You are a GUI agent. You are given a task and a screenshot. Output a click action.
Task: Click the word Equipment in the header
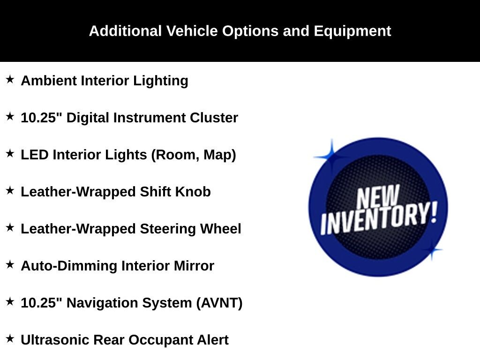(352, 31)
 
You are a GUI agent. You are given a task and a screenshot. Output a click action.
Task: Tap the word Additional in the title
(125, 31)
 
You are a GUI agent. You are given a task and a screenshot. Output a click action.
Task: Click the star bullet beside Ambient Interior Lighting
(10, 79)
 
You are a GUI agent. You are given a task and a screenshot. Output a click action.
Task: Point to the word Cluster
(214, 118)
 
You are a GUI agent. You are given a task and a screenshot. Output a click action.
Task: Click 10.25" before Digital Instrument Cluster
(41, 117)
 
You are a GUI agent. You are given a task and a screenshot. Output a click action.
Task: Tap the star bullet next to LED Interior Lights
(10, 153)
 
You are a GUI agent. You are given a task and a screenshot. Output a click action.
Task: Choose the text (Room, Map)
(194, 155)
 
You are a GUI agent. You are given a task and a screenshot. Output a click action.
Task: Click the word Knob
(193, 192)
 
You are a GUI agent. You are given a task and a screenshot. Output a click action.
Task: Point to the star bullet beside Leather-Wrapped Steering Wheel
(10, 227)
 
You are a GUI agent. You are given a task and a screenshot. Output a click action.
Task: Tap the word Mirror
(194, 266)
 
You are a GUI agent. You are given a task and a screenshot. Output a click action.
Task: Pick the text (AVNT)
(219, 303)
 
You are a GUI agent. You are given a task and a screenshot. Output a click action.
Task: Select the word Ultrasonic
(55, 340)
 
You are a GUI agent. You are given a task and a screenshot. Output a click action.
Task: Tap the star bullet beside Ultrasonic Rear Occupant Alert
(10, 338)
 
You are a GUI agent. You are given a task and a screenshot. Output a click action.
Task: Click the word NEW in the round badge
(378, 196)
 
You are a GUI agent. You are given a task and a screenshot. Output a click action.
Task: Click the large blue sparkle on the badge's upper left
(331, 157)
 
